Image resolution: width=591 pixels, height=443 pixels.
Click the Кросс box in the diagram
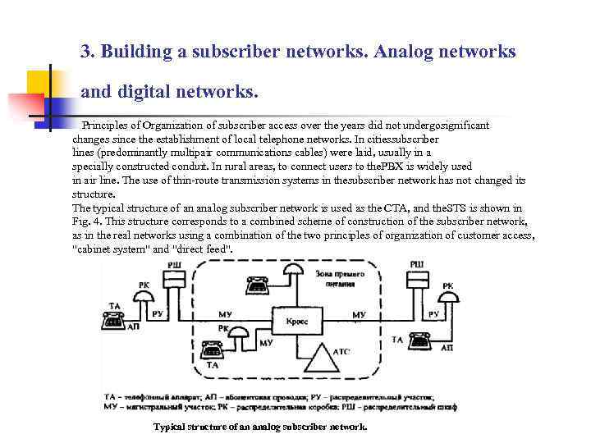click(298, 322)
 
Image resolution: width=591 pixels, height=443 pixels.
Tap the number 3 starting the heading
click(85, 52)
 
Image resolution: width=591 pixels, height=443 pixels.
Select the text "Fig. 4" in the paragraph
click(86, 221)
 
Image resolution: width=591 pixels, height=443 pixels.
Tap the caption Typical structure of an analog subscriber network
click(260, 427)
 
